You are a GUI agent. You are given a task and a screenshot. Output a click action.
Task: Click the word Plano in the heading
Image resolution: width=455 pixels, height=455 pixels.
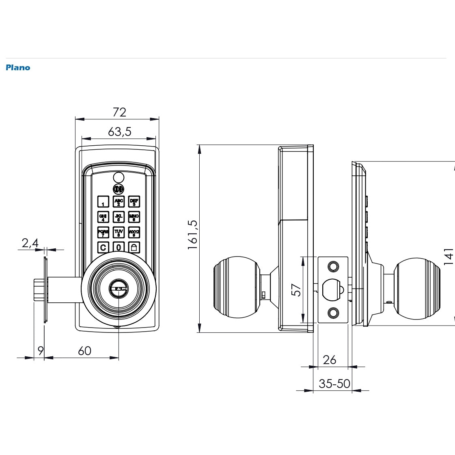click(18, 68)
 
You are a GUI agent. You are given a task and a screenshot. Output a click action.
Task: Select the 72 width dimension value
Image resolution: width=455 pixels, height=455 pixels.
click(119, 112)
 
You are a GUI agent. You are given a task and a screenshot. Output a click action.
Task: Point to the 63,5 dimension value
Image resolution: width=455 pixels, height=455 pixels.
click(120, 132)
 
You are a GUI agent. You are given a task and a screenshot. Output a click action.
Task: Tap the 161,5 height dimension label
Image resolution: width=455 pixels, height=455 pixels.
click(192, 235)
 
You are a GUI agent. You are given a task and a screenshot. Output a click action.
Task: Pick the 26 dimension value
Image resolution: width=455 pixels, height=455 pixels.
click(330, 360)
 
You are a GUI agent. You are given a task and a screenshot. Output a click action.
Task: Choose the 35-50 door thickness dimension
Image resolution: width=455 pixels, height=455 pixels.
click(334, 384)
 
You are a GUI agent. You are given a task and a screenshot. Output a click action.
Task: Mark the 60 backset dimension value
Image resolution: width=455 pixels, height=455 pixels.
click(84, 351)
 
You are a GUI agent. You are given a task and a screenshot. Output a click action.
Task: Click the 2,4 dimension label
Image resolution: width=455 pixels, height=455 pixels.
click(30, 243)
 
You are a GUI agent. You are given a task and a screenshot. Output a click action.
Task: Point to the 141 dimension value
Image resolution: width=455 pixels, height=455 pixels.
click(448, 257)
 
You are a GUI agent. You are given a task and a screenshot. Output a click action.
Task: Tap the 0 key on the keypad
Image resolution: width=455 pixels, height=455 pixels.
click(119, 247)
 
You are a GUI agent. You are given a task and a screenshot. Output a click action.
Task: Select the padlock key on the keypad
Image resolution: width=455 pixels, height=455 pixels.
click(134, 247)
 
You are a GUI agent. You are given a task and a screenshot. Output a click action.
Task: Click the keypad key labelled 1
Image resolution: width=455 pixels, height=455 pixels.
click(103, 202)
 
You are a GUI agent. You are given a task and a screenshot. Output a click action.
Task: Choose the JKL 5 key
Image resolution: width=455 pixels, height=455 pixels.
click(119, 217)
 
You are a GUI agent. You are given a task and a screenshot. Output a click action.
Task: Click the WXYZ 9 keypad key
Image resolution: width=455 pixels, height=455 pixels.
click(134, 233)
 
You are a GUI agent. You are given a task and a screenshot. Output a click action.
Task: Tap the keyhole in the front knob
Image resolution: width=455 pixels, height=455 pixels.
click(119, 289)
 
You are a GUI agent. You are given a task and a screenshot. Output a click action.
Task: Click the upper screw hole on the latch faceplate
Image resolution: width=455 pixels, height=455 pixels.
click(333, 266)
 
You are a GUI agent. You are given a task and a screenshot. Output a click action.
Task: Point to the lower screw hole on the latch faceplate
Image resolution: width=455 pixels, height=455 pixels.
click(333, 313)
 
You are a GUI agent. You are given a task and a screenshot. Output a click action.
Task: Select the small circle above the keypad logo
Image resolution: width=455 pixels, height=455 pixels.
click(119, 177)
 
